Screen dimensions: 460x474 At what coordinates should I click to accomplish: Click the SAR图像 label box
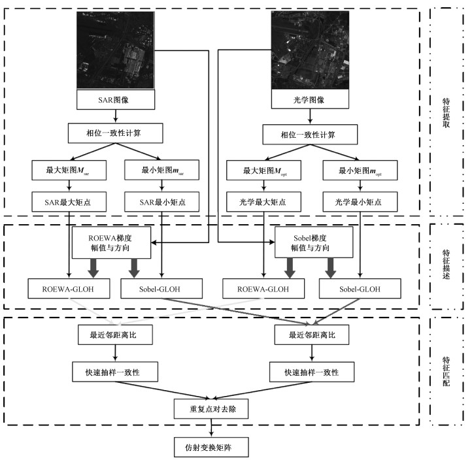click(116, 100)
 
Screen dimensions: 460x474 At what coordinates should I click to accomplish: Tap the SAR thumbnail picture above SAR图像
click(116, 51)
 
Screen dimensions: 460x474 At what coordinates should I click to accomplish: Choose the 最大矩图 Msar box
click(64, 171)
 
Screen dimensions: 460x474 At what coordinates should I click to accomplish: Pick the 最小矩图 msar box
click(161, 171)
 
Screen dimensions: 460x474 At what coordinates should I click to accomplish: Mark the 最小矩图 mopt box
click(359, 171)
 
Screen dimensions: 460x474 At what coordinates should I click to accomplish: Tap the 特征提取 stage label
click(447, 112)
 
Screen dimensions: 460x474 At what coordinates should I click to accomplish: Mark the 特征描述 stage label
click(447, 266)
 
